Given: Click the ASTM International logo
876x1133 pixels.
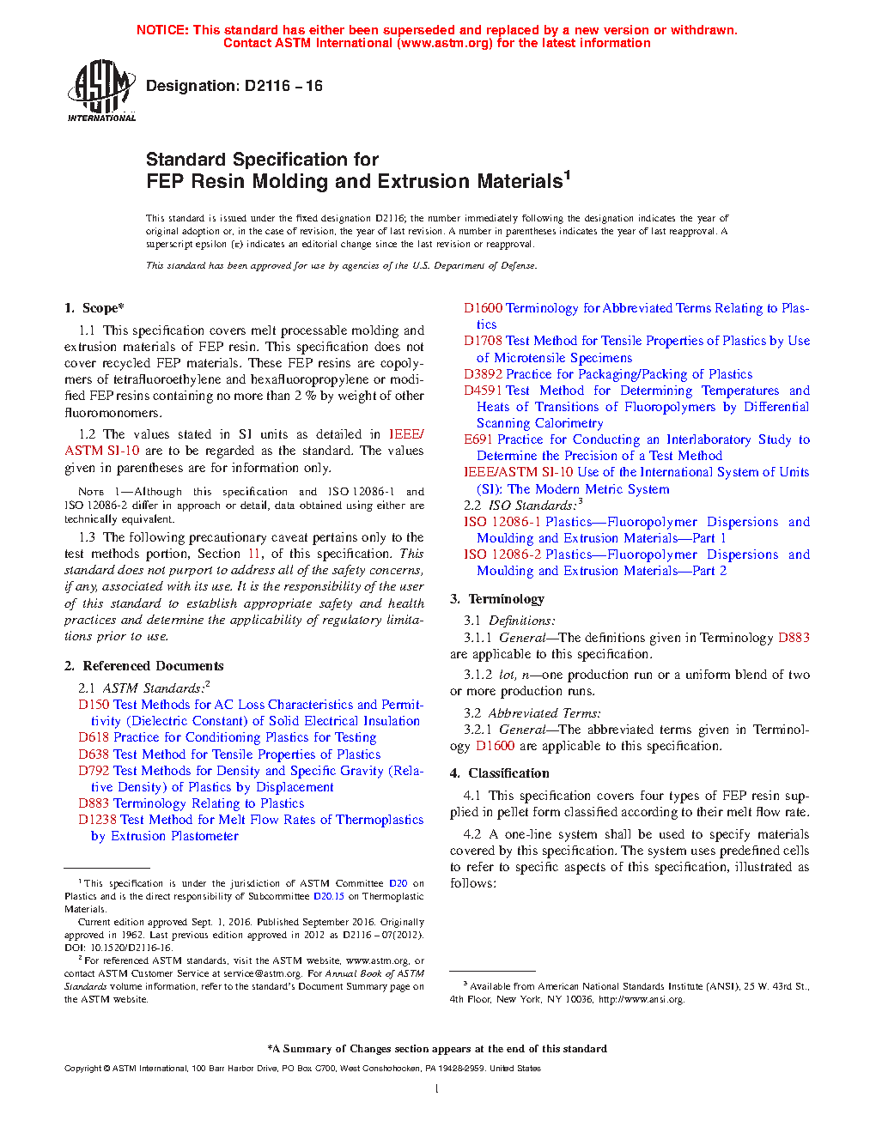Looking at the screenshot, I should (101, 89).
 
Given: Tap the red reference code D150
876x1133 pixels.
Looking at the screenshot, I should (94, 705).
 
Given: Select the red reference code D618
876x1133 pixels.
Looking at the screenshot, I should (94, 737).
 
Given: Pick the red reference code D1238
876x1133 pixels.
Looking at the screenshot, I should (98, 820).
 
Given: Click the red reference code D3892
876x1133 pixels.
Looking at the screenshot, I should (483, 374).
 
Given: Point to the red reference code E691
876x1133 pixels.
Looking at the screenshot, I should (478, 439).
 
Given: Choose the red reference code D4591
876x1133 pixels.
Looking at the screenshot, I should (483, 391).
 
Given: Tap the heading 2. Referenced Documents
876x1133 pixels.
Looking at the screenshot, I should (144, 666).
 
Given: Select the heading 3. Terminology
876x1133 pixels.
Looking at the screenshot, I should (497, 599).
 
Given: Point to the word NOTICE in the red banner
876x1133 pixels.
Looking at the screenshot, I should (162, 30).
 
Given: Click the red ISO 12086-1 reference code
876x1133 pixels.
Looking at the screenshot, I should (502, 522).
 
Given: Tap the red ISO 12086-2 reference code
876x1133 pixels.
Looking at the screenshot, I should (502, 554).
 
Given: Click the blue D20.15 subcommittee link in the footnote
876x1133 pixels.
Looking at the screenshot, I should (328, 896).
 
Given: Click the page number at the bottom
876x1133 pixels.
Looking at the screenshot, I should (437, 1089).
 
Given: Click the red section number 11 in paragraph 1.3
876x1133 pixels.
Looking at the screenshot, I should (254, 554).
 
